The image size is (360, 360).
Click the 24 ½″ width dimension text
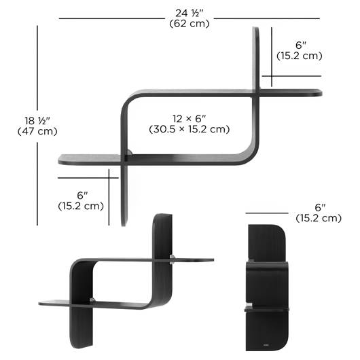coord(190,13)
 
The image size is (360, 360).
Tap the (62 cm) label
coord(190,23)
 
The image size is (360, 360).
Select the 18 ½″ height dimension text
coord(37,121)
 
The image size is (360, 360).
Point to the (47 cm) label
coord(37,131)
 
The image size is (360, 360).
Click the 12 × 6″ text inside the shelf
coord(190,119)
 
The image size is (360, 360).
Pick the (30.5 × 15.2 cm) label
coord(190,129)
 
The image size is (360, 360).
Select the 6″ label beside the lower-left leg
coord(82,196)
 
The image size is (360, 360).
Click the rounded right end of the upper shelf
coord(320,93)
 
